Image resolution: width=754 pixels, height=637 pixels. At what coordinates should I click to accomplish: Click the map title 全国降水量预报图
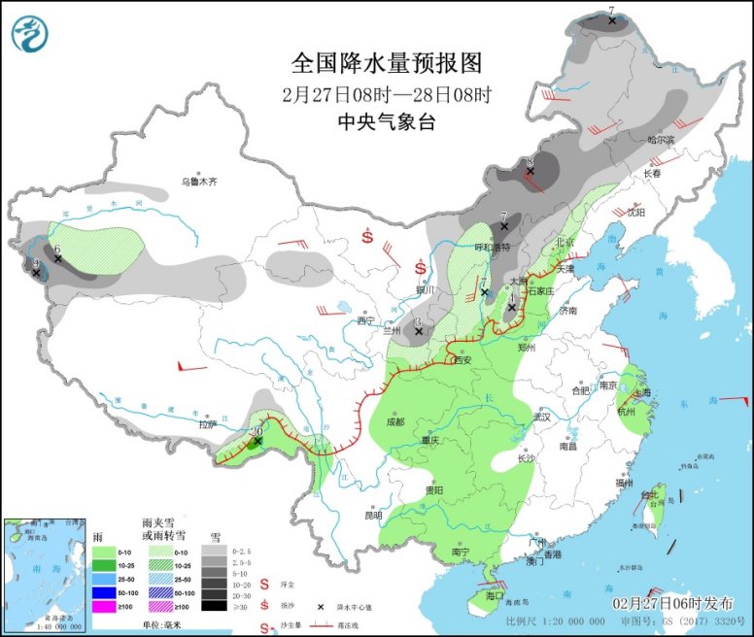pyautogui.click(x=387, y=64)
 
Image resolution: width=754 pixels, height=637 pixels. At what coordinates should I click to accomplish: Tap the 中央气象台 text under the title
pyautogui.click(x=387, y=121)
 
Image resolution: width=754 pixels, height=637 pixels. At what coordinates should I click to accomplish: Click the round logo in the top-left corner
pyautogui.click(x=29, y=33)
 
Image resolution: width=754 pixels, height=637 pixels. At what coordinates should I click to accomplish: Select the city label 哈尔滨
pyautogui.click(x=661, y=140)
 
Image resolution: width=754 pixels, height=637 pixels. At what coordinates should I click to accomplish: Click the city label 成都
pyautogui.click(x=394, y=421)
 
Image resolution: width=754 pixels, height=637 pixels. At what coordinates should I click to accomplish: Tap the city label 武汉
pyautogui.click(x=540, y=417)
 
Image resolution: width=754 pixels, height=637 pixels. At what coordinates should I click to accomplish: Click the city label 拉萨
pyautogui.click(x=208, y=423)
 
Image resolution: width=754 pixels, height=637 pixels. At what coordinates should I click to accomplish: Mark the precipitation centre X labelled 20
pyautogui.click(x=257, y=442)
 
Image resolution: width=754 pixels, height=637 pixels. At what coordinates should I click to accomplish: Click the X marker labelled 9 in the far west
pyautogui.click(x=36, y=273)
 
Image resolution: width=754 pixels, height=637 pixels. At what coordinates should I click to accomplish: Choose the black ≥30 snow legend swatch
pyautogui.click(x=211, y=606)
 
